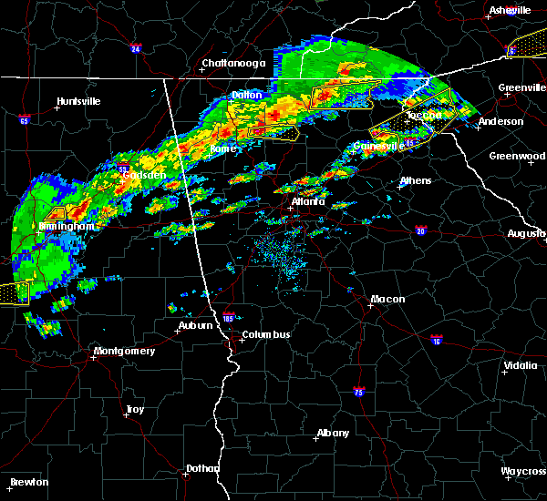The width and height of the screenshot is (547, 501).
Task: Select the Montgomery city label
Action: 125,352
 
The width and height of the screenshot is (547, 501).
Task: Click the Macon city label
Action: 387,300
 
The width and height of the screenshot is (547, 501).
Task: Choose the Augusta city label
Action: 526,234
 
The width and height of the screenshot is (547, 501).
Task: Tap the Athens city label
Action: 415,180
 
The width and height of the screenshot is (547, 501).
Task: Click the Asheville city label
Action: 510,10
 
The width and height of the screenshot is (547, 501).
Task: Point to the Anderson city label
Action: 501,121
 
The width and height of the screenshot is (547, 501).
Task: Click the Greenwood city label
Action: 517,156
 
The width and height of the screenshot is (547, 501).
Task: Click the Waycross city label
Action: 523,472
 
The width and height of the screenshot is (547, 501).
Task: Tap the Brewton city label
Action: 29,482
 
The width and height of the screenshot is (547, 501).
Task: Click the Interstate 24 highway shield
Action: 135,49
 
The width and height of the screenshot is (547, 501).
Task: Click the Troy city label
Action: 135,411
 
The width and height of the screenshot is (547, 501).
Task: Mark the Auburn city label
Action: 196,325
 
